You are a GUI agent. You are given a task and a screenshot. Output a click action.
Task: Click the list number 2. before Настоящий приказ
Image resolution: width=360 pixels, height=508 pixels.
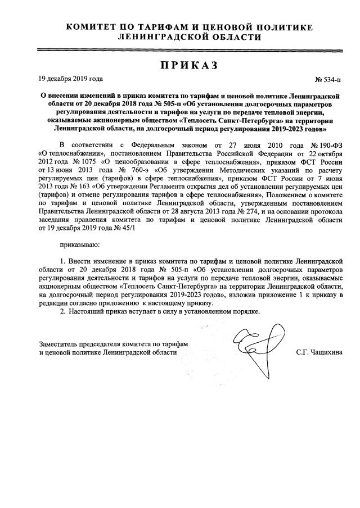(63, 311)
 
